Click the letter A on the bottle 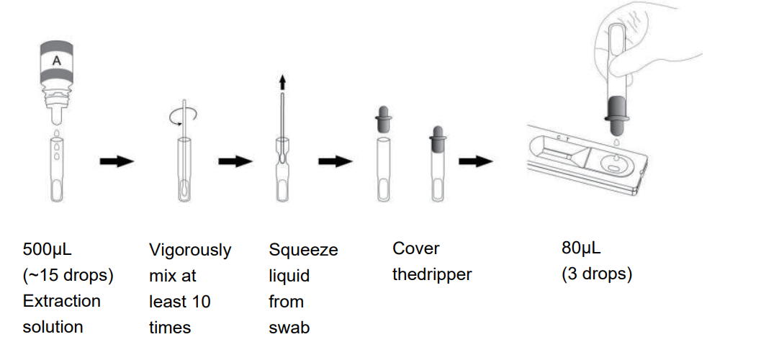[56, 62]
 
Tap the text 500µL [48, 250]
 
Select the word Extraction [61, 301]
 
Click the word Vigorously [190, 250]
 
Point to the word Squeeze [303, 250]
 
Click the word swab [289, 328]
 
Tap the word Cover [415, 248]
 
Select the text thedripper [432, 274]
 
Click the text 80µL [581, 248]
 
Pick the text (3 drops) [597, 274]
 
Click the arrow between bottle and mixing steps [116, 161]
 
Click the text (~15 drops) [68, 275]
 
